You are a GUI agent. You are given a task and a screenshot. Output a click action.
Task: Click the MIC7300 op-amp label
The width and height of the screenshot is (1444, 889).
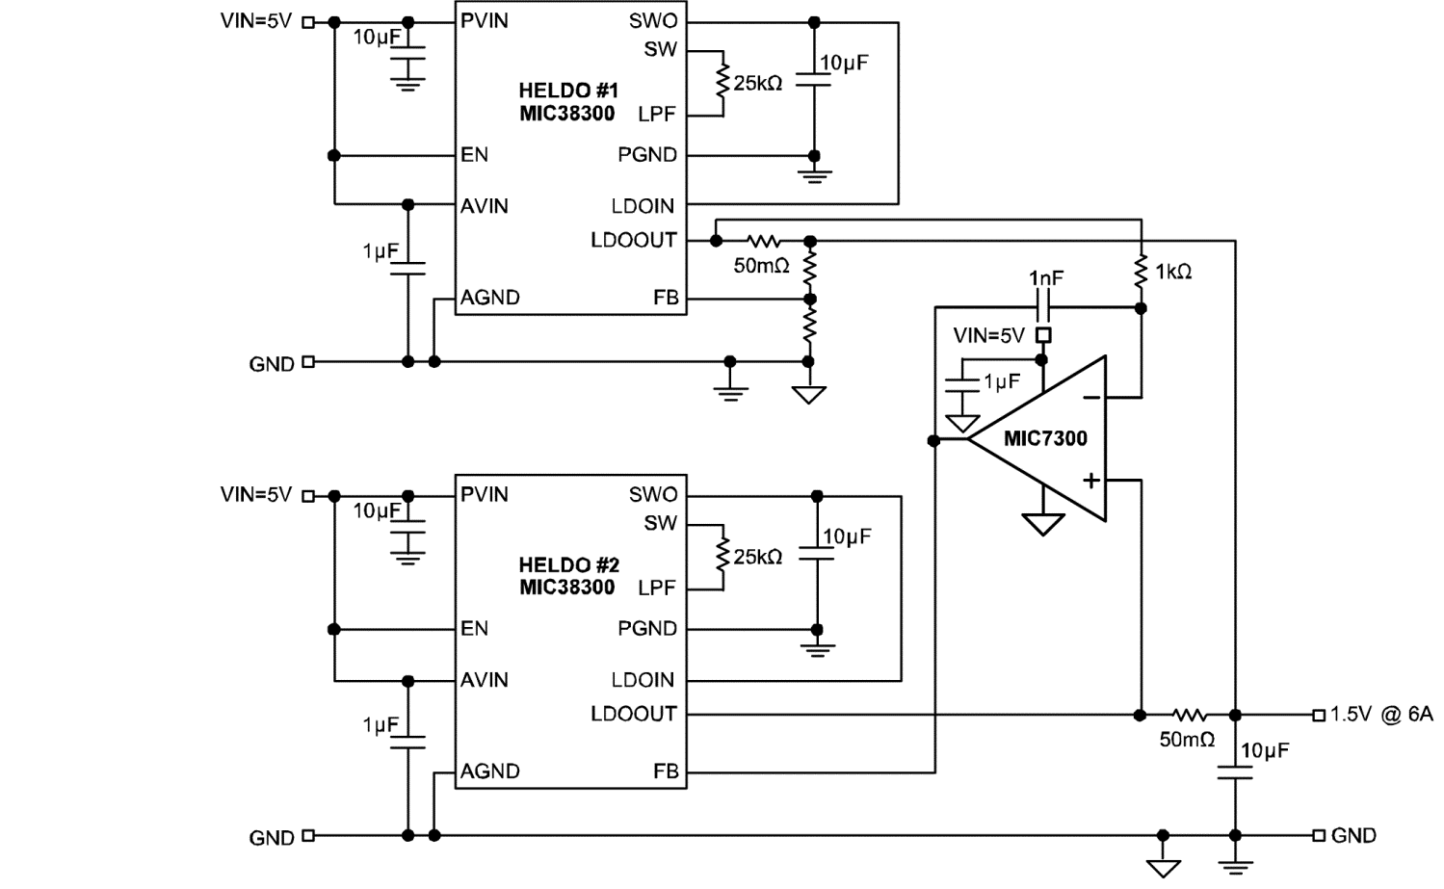[x=1044, y=438]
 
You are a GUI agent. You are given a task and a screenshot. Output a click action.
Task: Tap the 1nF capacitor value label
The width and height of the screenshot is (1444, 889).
[x=1046, y=278]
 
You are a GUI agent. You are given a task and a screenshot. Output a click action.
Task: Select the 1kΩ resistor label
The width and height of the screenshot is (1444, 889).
[x=1173, y=273]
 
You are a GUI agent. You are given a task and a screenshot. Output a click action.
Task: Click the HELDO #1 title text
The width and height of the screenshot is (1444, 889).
[x=568, y=91]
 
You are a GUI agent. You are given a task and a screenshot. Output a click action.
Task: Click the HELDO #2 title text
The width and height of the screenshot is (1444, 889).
[x=568, y=564]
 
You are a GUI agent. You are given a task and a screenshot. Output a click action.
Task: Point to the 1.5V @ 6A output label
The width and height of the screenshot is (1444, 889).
[x=1381, y=714]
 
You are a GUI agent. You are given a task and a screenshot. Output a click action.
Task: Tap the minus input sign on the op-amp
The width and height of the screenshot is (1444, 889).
[x=1090, y=396]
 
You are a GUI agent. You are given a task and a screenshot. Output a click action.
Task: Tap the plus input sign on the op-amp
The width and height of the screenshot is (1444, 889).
[x=1090, y=480]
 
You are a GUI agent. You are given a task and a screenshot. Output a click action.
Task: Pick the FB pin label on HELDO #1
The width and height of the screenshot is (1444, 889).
[x=666, y=298]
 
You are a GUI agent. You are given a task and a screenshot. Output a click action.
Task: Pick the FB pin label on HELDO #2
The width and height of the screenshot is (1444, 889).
[x=666, y=771]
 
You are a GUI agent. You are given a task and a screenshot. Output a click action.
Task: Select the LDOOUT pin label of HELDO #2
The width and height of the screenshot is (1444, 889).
[x=633, y=714]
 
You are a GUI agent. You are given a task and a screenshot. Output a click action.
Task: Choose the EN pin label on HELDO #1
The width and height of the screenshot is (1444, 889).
[x=474, y=155]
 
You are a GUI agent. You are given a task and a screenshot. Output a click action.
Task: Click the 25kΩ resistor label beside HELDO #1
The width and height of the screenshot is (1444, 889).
[x=757, y=84]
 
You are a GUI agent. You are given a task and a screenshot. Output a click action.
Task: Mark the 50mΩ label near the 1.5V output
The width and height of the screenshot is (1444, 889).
[x=1187, y=740]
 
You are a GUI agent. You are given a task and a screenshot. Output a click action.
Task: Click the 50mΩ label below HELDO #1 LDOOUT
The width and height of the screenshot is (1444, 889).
[x=761, y=265]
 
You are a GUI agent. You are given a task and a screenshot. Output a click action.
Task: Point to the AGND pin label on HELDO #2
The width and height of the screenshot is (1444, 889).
[x=489, y=771]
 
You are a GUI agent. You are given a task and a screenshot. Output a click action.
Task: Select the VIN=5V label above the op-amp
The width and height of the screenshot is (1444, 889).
[x=988, y=335]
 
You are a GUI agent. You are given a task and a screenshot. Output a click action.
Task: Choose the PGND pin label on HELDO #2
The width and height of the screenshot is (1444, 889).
[x=646, y=629]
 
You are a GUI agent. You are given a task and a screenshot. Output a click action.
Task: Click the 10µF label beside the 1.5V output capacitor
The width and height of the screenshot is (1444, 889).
[x=1264, y=750]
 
